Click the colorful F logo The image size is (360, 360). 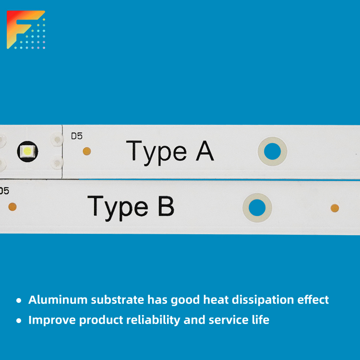tap(26, 30)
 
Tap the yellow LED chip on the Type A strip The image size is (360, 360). tap(27, 151)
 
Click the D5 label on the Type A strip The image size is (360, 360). tap(77, 136)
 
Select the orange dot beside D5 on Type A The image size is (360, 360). tap(87, 151)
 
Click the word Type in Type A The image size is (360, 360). tap(156, 153)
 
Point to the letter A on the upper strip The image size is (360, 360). tap(205, 151)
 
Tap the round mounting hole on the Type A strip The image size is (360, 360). tap(272, 151)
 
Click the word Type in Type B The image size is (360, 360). tap(118, 208)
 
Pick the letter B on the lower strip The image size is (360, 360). tap(166, 206)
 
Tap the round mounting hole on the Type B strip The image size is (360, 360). tap(257, 207)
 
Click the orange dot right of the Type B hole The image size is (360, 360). tap(335, 208)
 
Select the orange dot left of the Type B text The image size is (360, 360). tap(12, 206)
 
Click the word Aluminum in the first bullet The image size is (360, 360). tap(58, 300)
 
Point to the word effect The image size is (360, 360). tap(313, 300)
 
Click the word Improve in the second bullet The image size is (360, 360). tap(52, 321)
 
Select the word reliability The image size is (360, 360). tap(153, 321)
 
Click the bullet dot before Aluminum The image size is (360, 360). tap(19, 300)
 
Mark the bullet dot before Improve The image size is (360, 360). tap(19, 321)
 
